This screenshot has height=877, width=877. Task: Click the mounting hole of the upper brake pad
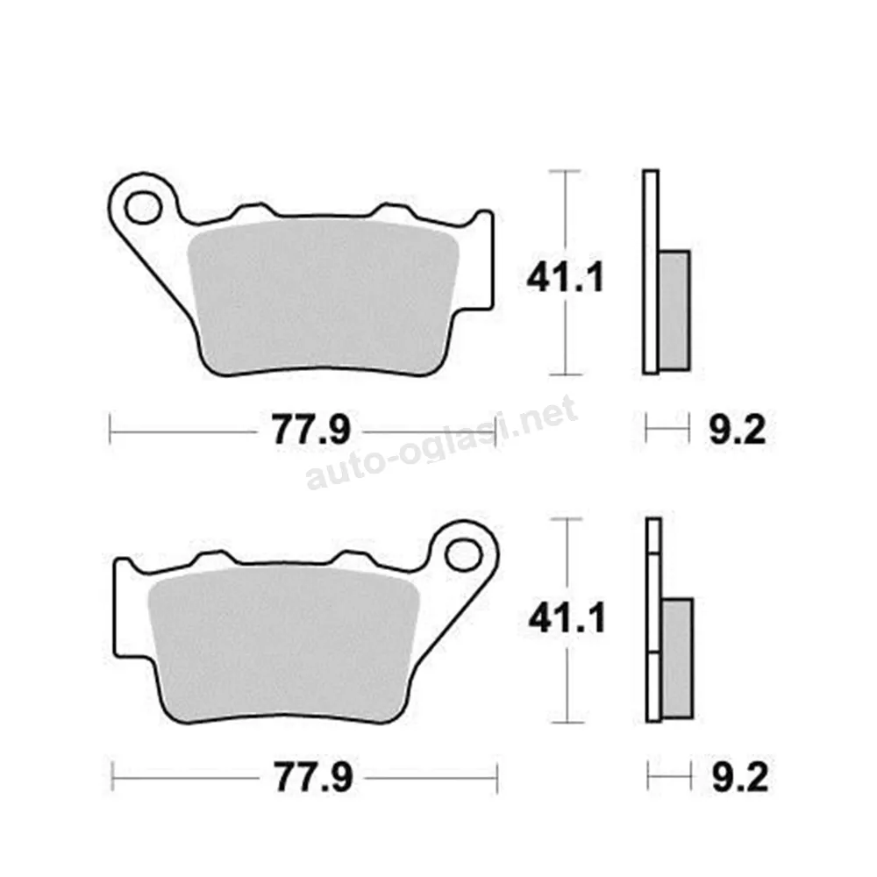tap(143, 208)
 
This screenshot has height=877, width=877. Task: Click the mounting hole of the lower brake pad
tap(464, 555)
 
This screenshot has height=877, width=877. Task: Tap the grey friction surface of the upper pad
tap(323, 296)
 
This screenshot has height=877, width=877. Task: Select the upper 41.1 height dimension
tap(566, 278)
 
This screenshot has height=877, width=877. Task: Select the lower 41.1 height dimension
tap(567, 620)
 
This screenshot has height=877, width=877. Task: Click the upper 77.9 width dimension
tap(311, 430)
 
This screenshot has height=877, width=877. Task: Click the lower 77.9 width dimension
tap(313, 777)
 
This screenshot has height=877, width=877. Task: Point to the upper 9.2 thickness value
tap(738, 430)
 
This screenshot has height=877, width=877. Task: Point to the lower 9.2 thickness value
tap(740, 777)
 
